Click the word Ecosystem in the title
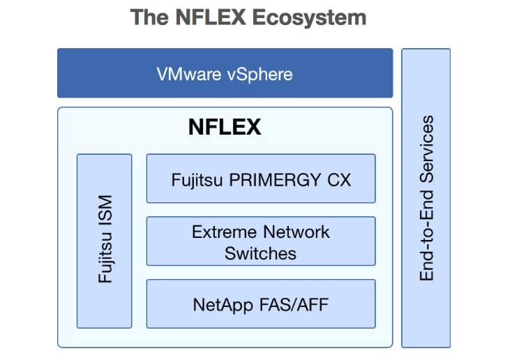[309, 17]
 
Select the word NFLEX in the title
[211, 17]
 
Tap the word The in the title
[149, 17]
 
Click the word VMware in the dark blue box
[189, 74]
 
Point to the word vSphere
[260, 75]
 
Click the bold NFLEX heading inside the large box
[225, 127]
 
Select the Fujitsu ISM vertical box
[105, 241]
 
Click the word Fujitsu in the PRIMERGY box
[197, 181]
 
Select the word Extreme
[224, 232]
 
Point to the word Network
[296, 232]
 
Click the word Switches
[261, 253]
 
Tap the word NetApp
[223, 306]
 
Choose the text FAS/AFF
[294, 305]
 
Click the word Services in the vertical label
[427, 149]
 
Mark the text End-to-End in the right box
[427, 235]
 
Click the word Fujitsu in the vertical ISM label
[106, 257]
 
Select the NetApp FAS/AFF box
[261, 303]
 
